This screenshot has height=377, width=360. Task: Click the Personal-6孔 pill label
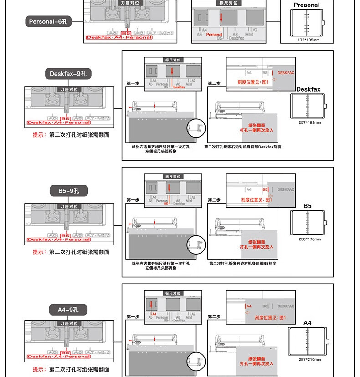(x=48, y=21)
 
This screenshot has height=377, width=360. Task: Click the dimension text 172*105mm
(x=309, y=40)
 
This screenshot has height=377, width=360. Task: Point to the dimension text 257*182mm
(x=309, y=122)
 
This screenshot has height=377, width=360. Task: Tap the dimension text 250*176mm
(x=309, y=239)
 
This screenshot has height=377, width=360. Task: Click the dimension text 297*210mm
(x=309, y=360)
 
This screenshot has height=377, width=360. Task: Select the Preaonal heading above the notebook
(x=307, y=5)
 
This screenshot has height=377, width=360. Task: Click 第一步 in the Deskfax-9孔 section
(x=133, y=83)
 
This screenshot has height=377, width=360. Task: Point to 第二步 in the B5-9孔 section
(x=214, y=200)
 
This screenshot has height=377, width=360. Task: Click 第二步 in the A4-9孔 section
(x=214, y=317)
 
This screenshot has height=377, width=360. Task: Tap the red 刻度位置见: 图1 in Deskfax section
(x=253, y=82)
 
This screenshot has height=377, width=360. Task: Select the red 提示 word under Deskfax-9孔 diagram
(x=38, y=135)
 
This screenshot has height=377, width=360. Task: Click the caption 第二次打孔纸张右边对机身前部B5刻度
(x=243, y=264)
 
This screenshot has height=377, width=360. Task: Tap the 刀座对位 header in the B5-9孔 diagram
(x=70, y=206)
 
